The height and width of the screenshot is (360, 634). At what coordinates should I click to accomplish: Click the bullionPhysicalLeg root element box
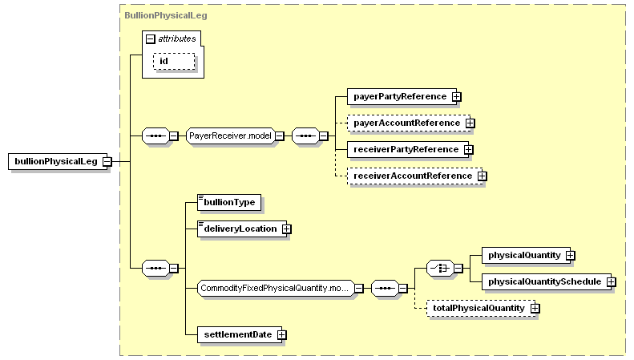[58, 161]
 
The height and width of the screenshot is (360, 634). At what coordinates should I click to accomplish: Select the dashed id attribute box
[174, 62]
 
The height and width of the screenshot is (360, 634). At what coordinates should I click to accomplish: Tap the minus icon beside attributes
[151, 39]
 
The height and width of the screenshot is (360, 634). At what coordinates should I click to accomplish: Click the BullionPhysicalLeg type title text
[166, 15]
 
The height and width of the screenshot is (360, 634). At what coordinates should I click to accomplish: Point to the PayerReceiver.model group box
[231, 136]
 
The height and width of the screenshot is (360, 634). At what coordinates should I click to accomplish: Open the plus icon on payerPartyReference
[457, 97]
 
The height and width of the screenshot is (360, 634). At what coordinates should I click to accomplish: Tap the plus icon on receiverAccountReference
[482, 176]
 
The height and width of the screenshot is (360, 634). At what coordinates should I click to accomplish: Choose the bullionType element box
[229, 202]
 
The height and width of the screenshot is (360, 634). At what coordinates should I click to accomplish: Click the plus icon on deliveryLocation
[286, 229]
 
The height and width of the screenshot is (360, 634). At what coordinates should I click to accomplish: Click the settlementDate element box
[240, 335]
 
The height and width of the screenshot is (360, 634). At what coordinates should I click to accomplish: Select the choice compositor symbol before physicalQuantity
[440, 268]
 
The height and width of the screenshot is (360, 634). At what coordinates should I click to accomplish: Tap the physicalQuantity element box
[526, 256]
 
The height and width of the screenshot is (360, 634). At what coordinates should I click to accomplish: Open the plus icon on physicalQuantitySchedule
[612, 282]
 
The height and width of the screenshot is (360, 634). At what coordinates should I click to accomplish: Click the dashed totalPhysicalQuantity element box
[481, 308]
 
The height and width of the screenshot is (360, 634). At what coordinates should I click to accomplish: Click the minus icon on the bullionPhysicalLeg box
[107, 162]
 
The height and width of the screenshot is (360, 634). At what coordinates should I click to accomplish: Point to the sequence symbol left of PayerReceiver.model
[156, 136]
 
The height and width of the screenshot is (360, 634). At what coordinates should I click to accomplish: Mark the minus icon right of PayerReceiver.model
[280, 136]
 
